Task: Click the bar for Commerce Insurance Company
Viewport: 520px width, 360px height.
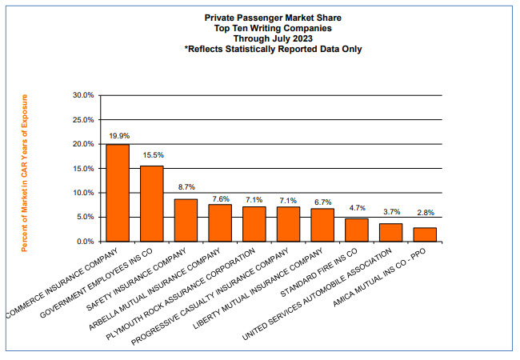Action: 118,193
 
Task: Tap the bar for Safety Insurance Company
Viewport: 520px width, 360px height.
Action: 186,220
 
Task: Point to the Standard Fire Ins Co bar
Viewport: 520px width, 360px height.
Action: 356,230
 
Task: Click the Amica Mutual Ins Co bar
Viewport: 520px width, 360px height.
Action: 424,234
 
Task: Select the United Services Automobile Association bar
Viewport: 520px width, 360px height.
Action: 390,232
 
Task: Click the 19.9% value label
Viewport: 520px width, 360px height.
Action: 118,136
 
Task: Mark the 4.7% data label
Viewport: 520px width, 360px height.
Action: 357,209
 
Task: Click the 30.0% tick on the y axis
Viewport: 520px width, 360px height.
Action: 83,95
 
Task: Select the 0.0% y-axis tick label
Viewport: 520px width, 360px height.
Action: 86,241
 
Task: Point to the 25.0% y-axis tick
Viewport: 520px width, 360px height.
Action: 83,119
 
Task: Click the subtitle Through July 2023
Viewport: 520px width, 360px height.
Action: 274,38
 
